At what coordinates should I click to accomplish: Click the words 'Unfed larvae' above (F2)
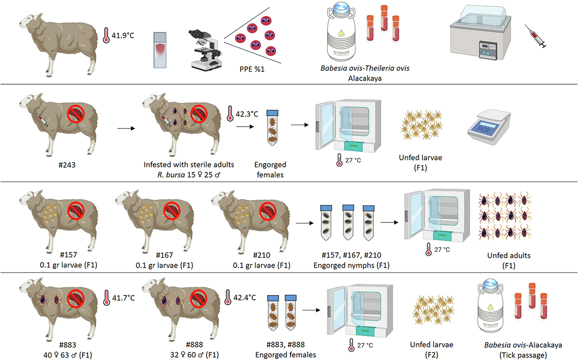click(x=431, y=345)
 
